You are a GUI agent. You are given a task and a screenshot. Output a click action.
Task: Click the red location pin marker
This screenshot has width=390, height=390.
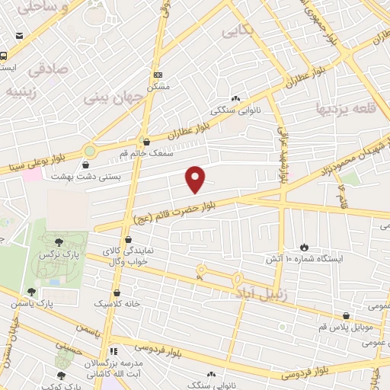197,178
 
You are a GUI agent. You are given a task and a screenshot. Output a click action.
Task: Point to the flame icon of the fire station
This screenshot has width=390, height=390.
304,247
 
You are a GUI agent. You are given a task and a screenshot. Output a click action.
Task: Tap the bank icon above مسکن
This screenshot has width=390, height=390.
158,75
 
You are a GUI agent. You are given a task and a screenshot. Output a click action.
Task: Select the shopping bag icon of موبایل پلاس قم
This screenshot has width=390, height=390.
347,316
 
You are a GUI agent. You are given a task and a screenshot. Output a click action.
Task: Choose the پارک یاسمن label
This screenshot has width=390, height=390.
33,303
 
